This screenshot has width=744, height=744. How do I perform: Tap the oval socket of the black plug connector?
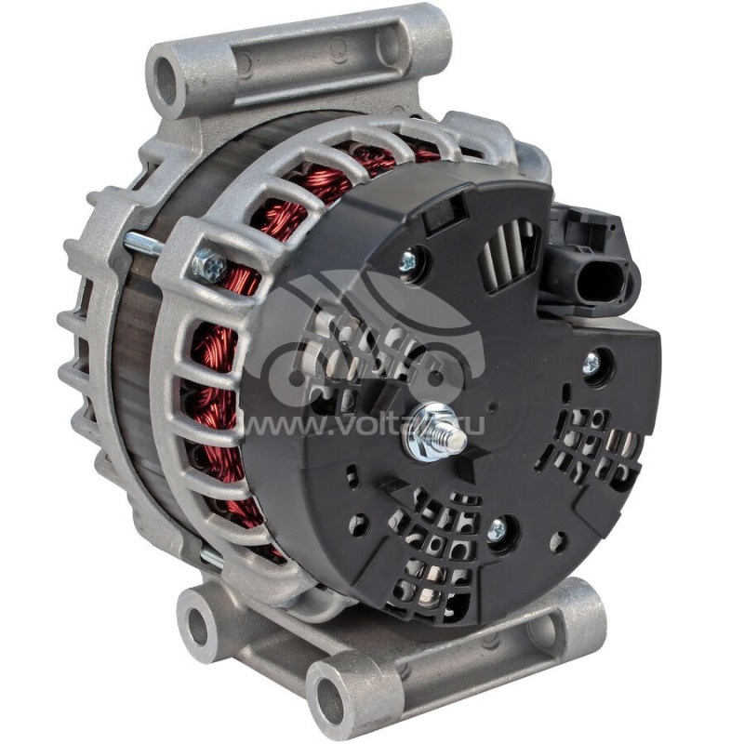pyautogui.click(x=609, y=275)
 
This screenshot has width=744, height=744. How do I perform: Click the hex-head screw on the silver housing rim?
pyautogui.click(x=209, y=267)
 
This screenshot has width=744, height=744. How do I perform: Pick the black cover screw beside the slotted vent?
pyautogui.click(x=409, y=262)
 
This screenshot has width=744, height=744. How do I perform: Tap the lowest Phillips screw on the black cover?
pyautogui.click(x=497, y=530)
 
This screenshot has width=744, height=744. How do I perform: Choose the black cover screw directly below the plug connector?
pyautogui.click(x=591, y=364)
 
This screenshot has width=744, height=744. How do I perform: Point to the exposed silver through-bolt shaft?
pyautogui.click(x=144, y=244)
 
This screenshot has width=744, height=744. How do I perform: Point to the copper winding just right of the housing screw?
pyautogui.click(x=244, y=279)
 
